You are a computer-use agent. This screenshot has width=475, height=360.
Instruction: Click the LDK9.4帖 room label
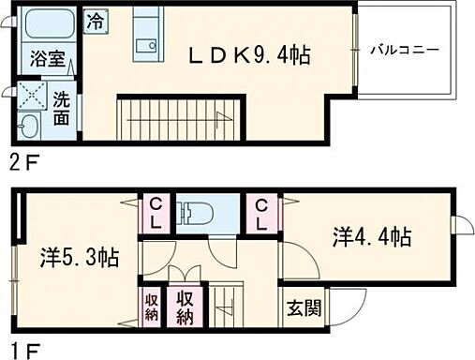(x=249, y=56)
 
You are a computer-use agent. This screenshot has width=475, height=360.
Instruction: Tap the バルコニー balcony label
(x=404, y=49)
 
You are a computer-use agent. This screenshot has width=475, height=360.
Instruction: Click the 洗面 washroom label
(x=60, y=108)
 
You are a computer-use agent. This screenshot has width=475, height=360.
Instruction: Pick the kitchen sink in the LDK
(x=145, y=45)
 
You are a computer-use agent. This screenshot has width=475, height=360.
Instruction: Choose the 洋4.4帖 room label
(x=372, y=236)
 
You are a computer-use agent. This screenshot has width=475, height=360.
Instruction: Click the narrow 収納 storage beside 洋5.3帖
(x=151, y=307)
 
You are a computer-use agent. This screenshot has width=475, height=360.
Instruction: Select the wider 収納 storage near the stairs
(x=185, y=307)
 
